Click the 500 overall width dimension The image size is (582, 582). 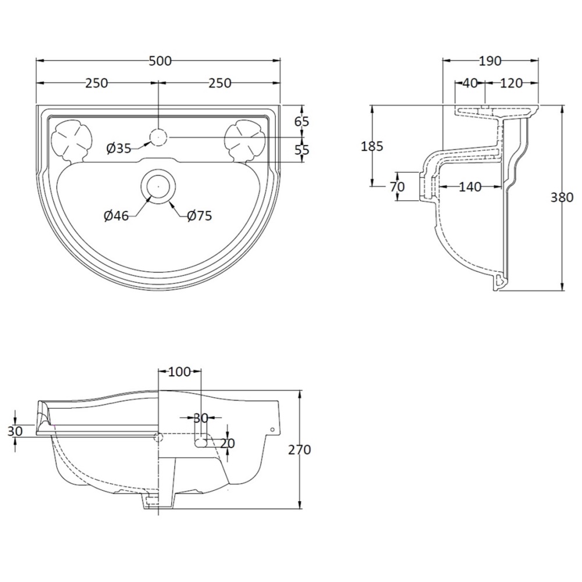[160, 61]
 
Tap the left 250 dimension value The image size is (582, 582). [97, 83]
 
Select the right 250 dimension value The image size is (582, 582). [220, 83]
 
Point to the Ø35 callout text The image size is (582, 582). [118, 149]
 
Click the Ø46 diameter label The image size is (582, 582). [116, 216]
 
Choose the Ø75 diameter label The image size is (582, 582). [199, 216]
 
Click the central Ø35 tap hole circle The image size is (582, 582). [158, 137]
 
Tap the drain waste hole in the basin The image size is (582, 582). [158, 186]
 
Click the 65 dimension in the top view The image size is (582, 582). [301, 122]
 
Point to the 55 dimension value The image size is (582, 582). [301, 150]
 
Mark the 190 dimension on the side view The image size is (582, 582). [490, 61]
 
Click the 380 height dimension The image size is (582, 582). [562, 198]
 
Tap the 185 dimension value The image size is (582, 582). [372, 147]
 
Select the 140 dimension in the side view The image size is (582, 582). [470, 187]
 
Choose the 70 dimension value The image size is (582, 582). [397, 187]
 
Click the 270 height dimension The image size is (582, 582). [300, 450]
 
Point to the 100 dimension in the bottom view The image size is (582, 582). [179, 371]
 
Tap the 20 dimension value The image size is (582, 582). [227, 443]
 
